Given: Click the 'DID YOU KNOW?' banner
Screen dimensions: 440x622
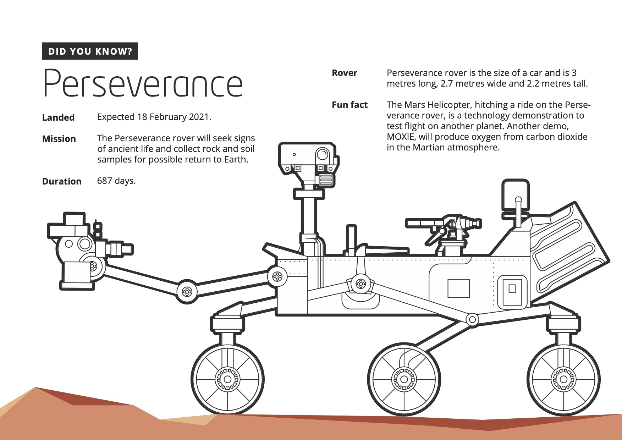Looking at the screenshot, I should coord(90,51).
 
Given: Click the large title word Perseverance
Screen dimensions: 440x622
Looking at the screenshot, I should coord(143,83).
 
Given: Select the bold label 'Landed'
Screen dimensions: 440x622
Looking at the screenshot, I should coord(58,117).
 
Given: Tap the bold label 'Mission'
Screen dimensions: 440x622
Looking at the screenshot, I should coord(59,139).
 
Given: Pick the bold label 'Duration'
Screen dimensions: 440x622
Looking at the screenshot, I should coord(62,181).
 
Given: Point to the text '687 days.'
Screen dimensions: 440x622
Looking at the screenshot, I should coord(116,181).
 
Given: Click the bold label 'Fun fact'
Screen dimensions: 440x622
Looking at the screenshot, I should coord(349,105).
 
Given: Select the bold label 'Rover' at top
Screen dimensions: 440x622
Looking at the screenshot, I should coord(344,73).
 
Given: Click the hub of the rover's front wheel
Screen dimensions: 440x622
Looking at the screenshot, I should coord(227,379).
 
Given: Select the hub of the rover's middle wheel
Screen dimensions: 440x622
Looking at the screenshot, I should coord(404,379).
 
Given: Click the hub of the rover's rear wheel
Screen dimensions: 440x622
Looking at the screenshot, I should coord(563,379).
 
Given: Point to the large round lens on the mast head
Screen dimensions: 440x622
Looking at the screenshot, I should coord(323,154).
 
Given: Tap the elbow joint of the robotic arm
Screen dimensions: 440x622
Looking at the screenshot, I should coord(187,292).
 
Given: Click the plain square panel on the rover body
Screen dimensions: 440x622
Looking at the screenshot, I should coord(458,288).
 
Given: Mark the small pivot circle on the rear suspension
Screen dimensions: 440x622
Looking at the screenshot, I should coord(472,319).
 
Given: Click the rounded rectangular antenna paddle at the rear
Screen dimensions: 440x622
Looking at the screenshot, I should coord(515,195).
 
